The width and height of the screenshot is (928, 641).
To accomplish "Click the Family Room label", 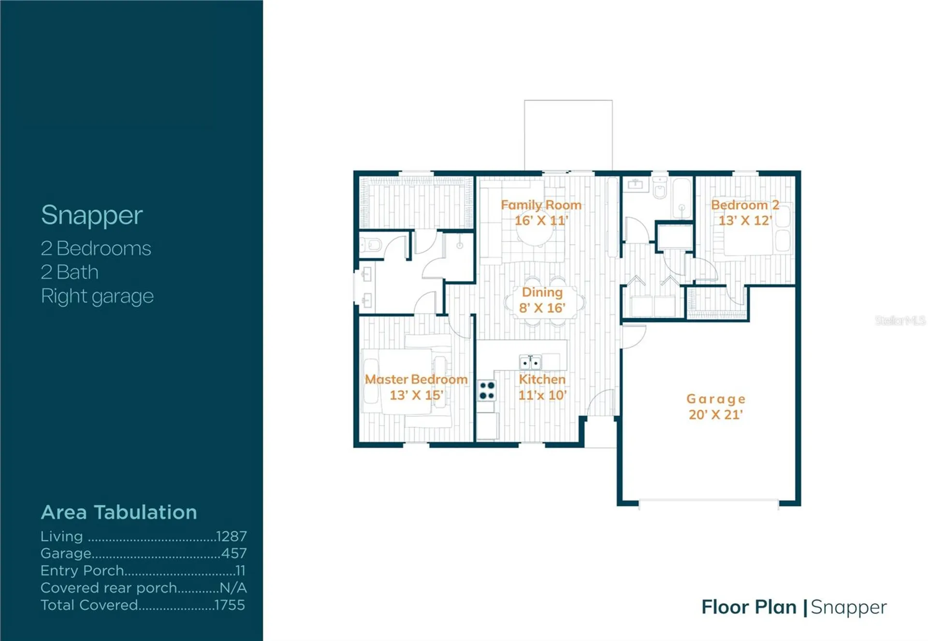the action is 541,205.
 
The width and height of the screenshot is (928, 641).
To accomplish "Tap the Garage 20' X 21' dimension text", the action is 716,414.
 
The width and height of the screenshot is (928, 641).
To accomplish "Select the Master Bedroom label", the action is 416,379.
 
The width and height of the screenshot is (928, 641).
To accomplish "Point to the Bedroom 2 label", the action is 745,205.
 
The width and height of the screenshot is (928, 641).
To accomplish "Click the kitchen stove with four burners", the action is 487,391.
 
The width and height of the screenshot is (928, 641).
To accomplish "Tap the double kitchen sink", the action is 530,362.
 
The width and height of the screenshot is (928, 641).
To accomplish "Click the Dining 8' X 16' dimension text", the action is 542,308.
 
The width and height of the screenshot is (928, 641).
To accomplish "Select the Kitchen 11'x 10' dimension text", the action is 542,395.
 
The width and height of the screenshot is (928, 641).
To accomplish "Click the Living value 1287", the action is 232,536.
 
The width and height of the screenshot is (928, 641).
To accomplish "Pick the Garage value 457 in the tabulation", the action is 234,553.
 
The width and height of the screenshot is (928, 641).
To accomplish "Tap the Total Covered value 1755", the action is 230,605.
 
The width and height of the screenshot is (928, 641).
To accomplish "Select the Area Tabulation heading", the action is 119,512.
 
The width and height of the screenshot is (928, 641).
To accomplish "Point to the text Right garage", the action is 97,296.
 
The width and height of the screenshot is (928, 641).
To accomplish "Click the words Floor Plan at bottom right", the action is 749,607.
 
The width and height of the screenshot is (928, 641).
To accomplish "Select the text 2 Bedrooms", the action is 96,248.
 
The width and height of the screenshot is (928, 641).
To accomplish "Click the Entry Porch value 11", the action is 241,570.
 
